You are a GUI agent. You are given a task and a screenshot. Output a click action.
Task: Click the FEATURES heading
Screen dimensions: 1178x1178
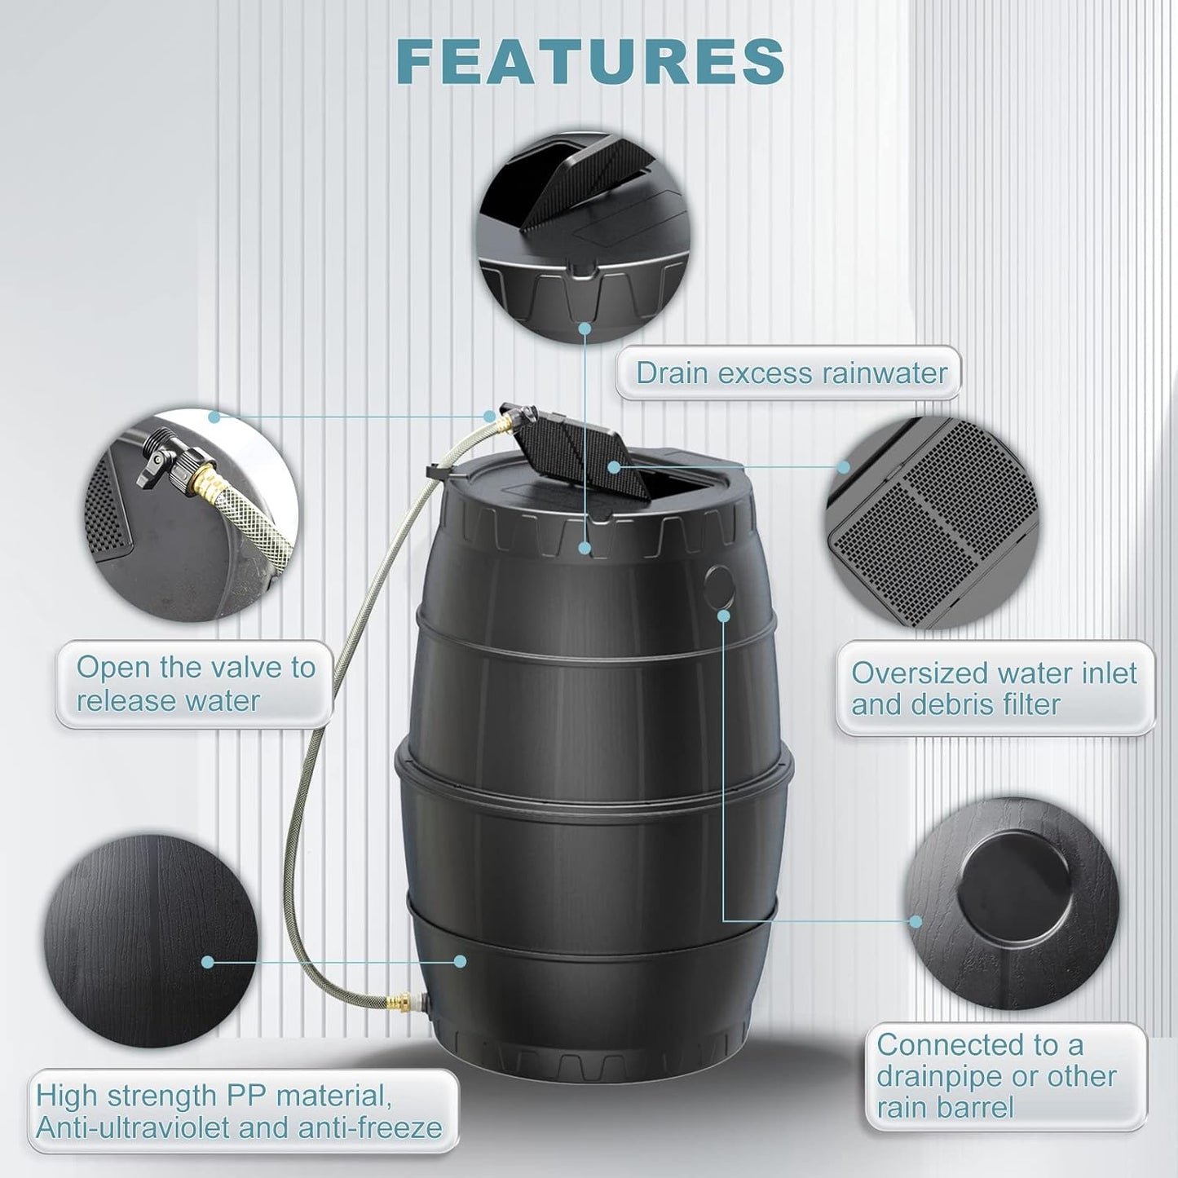coord(594,61)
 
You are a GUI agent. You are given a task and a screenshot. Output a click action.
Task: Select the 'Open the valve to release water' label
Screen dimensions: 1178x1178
coord(196,684)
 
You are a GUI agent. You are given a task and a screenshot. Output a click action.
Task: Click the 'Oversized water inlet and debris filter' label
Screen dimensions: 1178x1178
coord(994,688)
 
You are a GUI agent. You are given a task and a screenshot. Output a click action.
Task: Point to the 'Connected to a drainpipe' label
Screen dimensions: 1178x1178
coord(996,1076)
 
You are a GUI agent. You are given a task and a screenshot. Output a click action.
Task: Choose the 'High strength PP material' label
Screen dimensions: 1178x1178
coord(239,1111)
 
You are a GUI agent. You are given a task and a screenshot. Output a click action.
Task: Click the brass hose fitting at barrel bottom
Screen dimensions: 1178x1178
coord(402,999)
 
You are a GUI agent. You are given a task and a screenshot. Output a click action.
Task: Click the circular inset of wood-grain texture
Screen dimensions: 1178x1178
coord(151,946)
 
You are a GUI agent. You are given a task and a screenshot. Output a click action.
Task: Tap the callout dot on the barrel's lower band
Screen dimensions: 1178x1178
coord(460,962)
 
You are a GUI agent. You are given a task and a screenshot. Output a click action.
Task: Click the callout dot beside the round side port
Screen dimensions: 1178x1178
coord(723,616)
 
